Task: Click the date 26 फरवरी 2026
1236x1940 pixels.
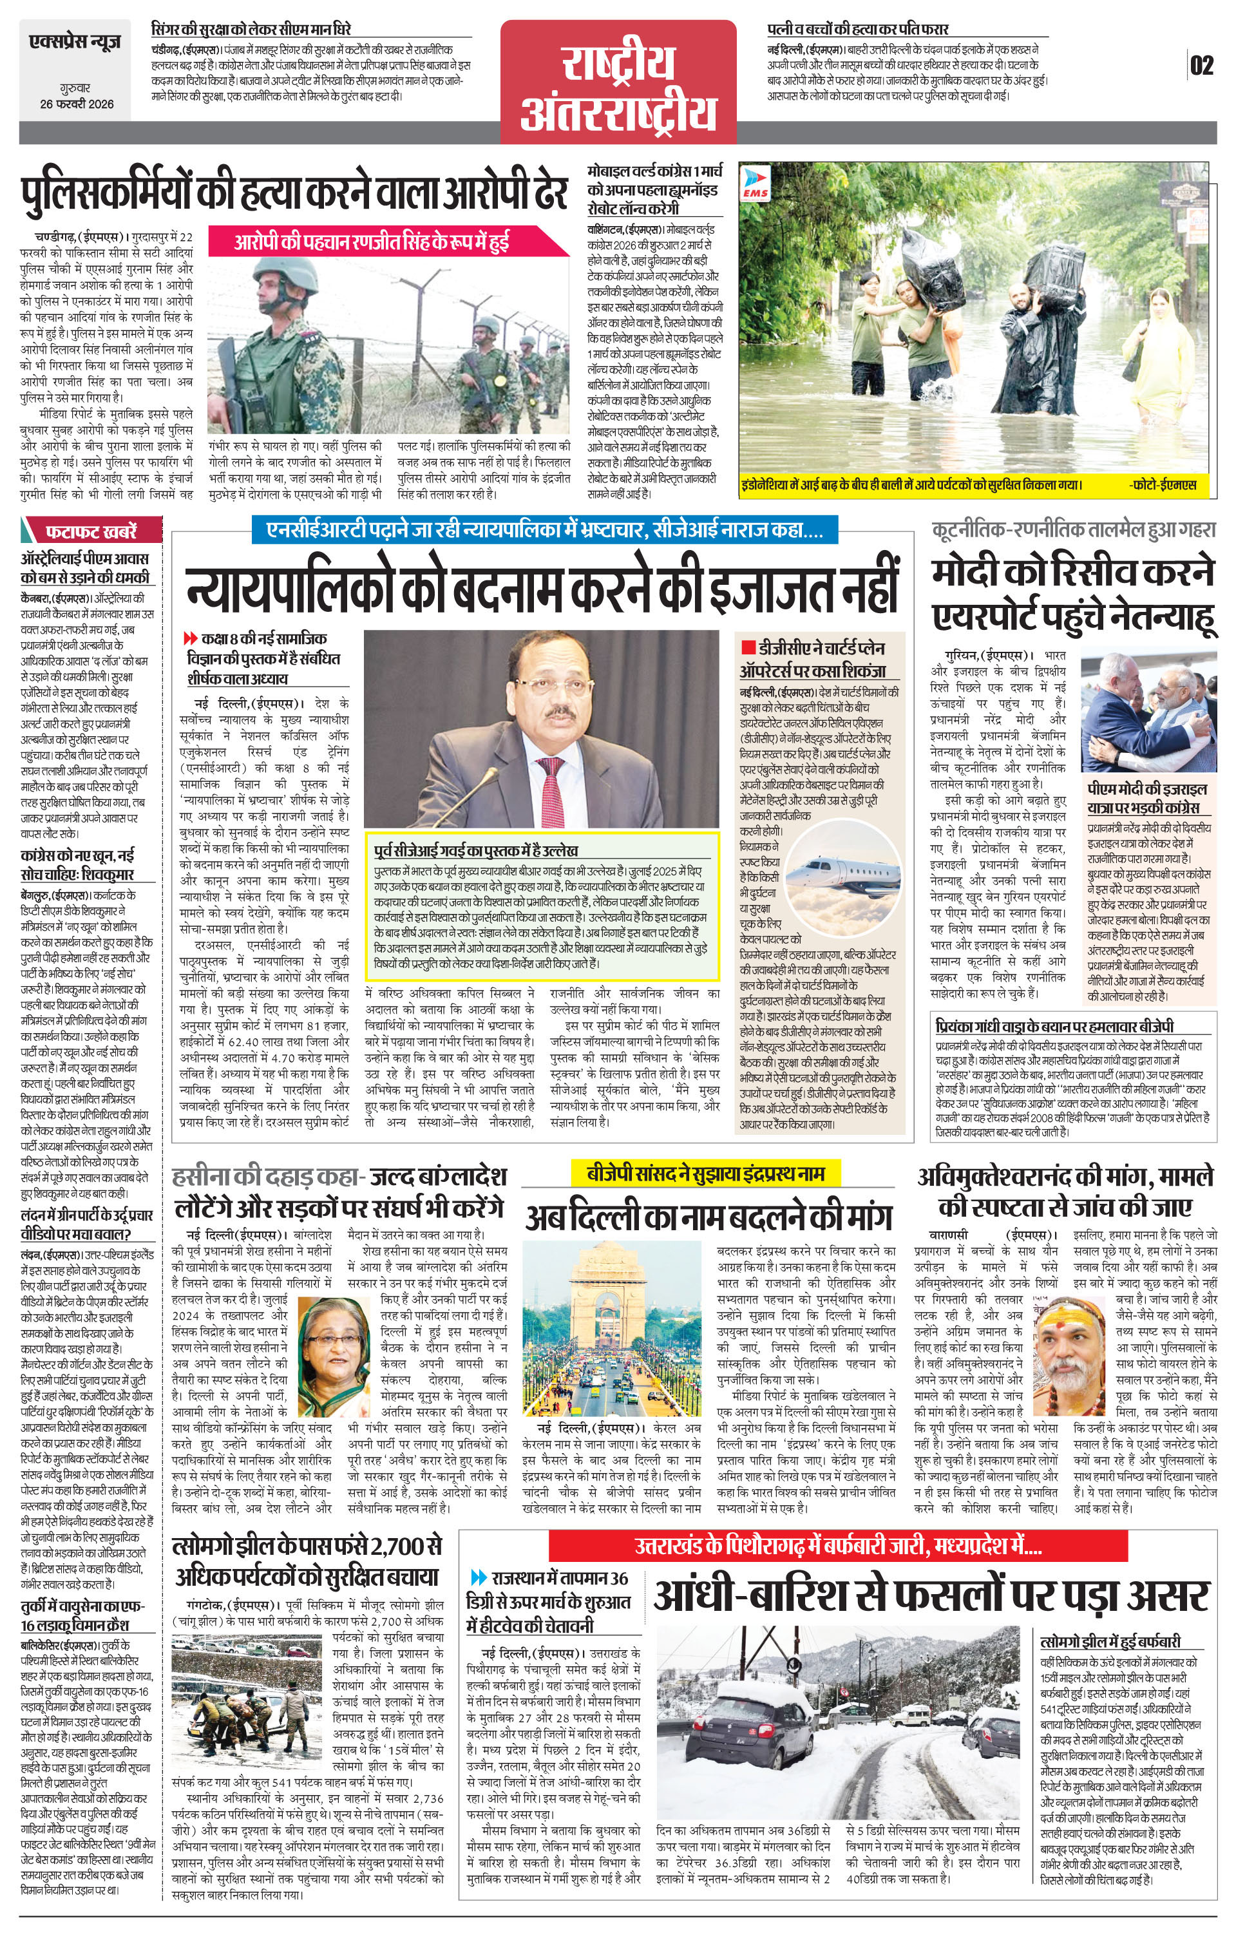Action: (77, 103)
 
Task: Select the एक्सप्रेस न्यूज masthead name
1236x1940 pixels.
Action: (75, 41)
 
